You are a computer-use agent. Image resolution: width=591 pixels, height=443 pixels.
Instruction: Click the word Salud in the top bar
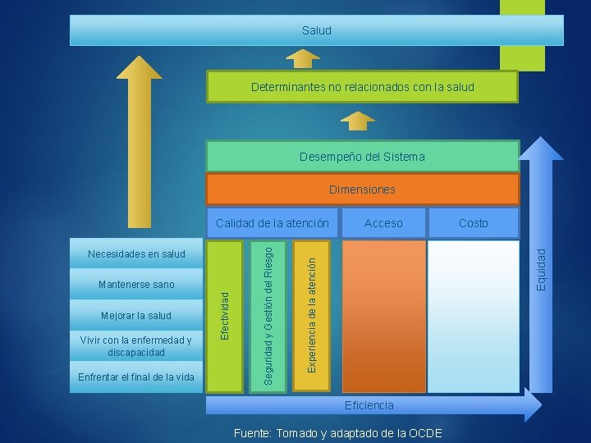(x=316, y=30)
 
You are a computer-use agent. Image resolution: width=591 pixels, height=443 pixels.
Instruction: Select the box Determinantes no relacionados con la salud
(x=362, y=86)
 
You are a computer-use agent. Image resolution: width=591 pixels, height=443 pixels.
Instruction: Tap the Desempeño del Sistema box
(x=362, y=156)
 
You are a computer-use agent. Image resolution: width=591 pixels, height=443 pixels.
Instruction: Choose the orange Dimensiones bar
(x=362, y=190)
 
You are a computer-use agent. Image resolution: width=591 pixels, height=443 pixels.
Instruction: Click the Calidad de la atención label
(x=272, y=223)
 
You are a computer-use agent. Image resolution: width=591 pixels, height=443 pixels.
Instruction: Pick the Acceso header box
(x=383, y=223)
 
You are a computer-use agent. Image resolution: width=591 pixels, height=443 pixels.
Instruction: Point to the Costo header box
(x=473, y=223)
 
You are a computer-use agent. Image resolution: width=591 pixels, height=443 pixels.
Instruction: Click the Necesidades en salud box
(x=136, y=254)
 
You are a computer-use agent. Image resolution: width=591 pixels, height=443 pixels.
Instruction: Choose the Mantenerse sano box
(x=136, y=285)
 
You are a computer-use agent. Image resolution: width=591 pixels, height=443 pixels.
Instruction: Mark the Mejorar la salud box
(x=136, y=316)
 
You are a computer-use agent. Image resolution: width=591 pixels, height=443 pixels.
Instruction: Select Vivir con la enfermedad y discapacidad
(x=136, y=346)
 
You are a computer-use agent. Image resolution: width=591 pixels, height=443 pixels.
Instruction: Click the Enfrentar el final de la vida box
(x=136, y=377)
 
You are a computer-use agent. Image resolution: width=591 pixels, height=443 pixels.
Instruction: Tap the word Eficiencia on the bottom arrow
(x=369, y=405)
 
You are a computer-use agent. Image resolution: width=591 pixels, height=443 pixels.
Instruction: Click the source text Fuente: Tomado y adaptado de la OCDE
(x=337, y=433)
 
